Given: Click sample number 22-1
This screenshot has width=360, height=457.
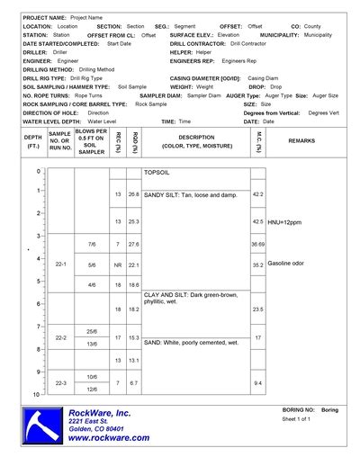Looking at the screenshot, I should [61, 264].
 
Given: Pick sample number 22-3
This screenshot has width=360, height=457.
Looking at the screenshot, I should [61, 382].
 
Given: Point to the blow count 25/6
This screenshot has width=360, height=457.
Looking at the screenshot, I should [92, 331].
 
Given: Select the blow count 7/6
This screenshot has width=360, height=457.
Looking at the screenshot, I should [92, 244].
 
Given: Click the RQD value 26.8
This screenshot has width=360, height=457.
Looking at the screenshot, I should [133, 194].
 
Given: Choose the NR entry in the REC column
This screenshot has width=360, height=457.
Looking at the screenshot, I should [117, 265].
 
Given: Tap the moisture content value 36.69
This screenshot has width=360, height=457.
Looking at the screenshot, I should [258, 244].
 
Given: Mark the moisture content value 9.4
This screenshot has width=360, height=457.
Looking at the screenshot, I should [258, 383].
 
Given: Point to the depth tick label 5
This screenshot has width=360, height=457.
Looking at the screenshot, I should [37, 281].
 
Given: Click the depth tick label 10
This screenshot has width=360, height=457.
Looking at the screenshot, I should [36, 395].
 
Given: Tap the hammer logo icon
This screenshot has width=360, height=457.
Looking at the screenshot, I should [44, 424].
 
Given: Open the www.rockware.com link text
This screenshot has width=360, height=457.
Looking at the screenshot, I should [110, 437].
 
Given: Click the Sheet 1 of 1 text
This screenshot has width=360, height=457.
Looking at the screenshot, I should [296, 419].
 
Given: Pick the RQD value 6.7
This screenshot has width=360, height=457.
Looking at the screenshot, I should [133, 383].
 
